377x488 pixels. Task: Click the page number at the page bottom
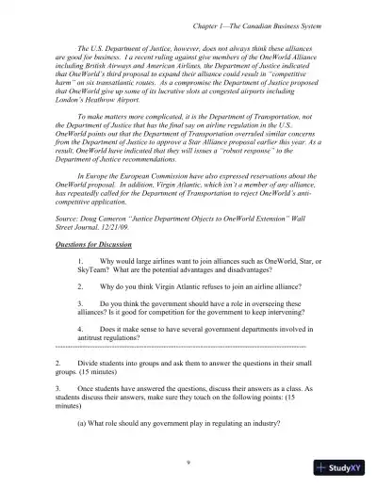(x=188, y=462)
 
